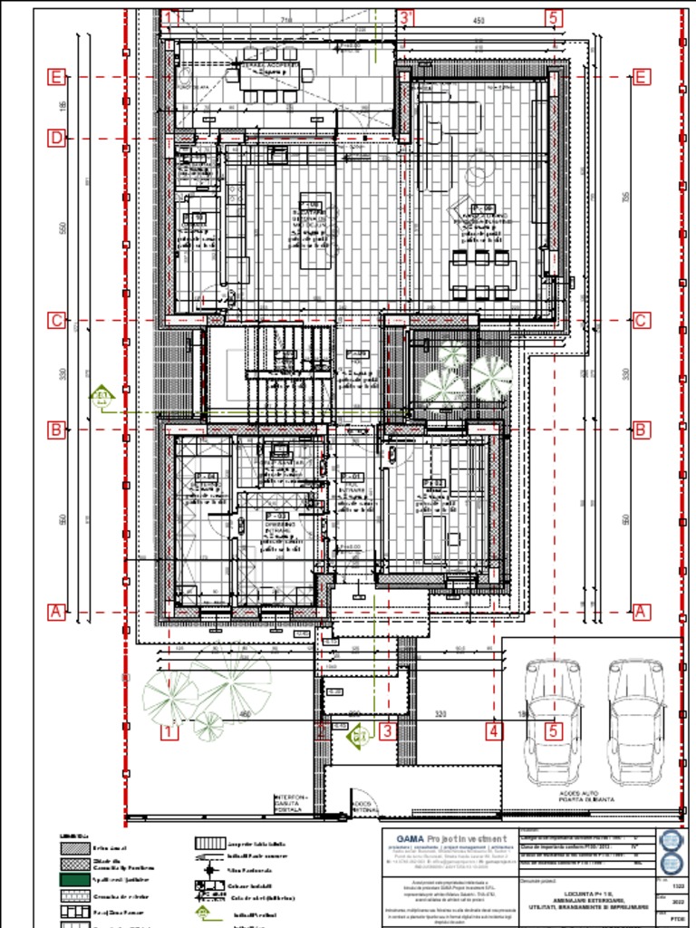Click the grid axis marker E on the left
pos(56,77)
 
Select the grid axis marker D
pos(56,139)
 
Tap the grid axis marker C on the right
pos(641,320)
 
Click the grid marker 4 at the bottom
pos(493,730)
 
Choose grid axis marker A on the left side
pos(56,613)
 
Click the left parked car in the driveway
pos(553,720)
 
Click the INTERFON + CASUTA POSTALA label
pos(291,802)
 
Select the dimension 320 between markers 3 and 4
pos(440,714)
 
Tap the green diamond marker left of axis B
pos(101,395)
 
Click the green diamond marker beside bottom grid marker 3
pos(359,736)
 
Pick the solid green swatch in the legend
pos(74,879)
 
